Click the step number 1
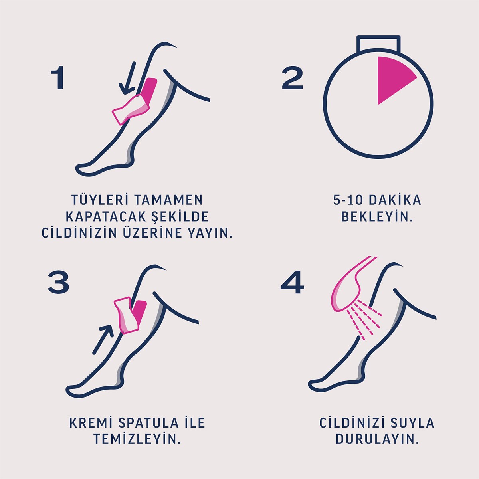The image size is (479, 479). pos(58,79)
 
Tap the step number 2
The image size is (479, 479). pos(292,79)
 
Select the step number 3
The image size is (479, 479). pos(59,282)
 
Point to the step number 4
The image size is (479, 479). pos(292,284)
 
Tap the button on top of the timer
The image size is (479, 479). pos(378,44)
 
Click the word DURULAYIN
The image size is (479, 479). pos(377,439)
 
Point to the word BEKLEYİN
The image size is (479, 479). pos(377,217)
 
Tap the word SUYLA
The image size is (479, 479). pos(412,423)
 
